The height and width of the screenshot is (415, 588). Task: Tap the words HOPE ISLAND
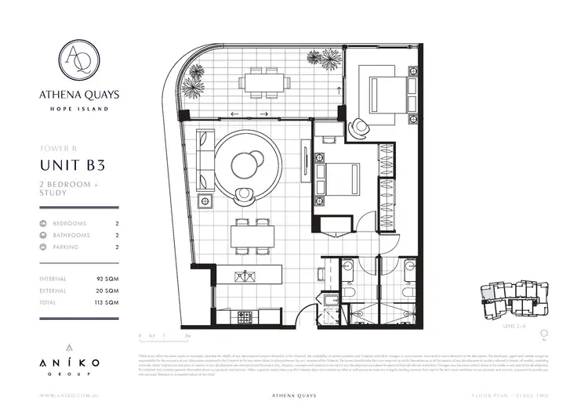click(79, 109)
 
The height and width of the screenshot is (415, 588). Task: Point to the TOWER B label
click(57, 147)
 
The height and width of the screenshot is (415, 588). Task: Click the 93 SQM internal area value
click(107, 279)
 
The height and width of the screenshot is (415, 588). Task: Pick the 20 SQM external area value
click(107, 290)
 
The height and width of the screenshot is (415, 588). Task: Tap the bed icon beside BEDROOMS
click(43, 223)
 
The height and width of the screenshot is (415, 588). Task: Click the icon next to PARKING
click(43, 247)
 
